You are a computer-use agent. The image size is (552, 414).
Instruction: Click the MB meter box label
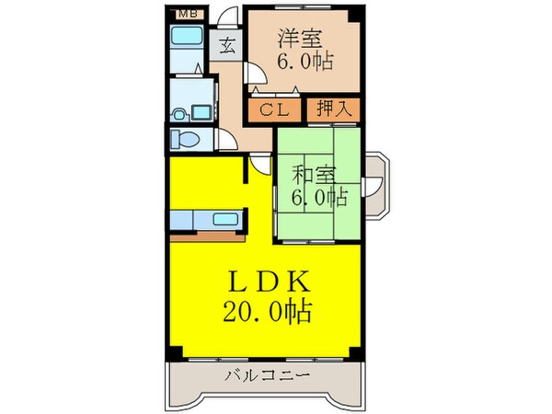point(185,13)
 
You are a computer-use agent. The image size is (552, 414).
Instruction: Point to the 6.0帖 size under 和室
point(318,196)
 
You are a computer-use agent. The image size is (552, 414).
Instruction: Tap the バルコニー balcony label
point(266,375)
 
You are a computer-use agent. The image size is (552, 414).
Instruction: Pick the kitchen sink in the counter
point(224,221)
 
